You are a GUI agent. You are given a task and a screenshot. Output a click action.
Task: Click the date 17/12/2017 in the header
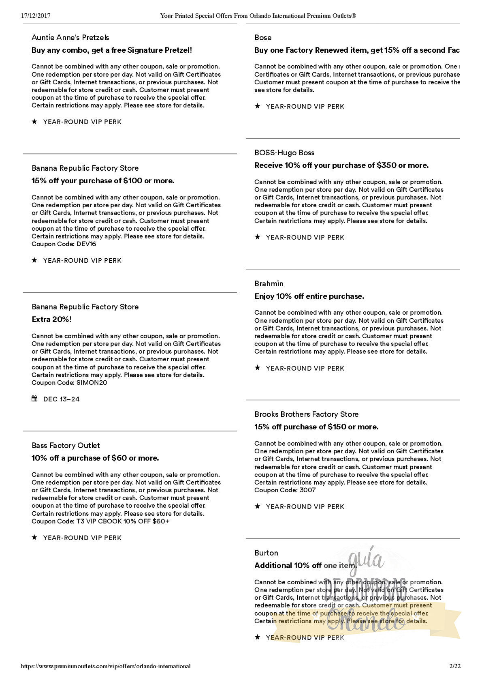tap(36, 16)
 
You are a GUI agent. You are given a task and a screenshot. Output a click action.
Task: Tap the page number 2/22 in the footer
tap(455, 666)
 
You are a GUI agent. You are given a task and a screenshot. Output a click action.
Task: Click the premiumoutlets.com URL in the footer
tap(106, 666)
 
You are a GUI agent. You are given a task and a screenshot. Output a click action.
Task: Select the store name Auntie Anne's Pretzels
tap(70, 38)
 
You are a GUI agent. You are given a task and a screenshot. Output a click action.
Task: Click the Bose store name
tap(263, 38)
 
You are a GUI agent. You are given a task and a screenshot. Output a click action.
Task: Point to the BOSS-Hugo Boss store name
tap(284, 153)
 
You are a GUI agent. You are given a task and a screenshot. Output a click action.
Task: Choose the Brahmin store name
tap(269, 284)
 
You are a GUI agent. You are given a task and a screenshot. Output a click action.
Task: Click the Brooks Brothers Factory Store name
tap(306, 414)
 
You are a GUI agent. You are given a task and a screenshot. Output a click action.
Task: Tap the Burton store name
tap(266, 553)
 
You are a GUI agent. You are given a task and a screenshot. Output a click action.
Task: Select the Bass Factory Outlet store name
tap(66, 446)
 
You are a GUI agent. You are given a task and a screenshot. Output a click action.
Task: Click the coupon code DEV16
tap(86, 244)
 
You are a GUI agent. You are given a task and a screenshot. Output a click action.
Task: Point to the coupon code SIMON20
tap(92, 383)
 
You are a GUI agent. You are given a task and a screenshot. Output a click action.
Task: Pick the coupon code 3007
tap(308, 490)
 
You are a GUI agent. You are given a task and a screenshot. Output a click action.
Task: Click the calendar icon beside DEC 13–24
tap(34, 399)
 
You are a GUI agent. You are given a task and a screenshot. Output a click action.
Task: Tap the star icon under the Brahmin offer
tap(257, 368)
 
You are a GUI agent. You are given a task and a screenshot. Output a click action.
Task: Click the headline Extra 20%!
tap(52, 320)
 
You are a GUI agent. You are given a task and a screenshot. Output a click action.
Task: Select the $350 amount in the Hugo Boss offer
tap(386, 165)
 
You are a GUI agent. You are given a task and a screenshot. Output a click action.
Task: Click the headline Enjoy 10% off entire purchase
tap(309, 296)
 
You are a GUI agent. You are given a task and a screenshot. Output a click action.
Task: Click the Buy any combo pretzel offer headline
tap(112, 50)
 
